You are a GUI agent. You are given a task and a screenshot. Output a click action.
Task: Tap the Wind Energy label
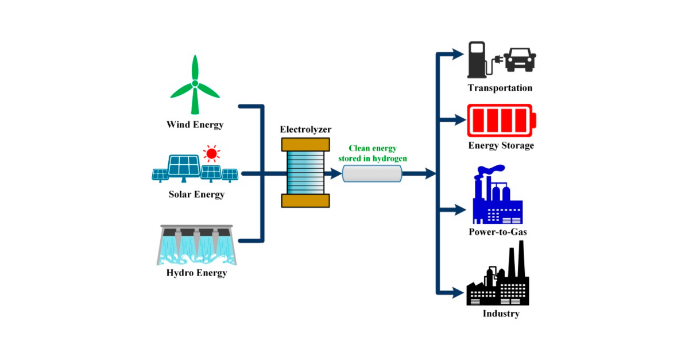pyautogui.click(x=195, y=125)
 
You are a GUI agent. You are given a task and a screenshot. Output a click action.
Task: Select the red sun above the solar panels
pyautogui.click(x=212, y=153)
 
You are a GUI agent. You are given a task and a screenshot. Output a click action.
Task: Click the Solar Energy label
pyautogui.click(x=196, y=194)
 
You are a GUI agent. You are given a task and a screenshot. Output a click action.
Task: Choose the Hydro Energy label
pyautogui.click(x=196, y=273)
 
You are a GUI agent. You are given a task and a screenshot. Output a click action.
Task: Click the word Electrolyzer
pyautogui.click(x=305, y=130)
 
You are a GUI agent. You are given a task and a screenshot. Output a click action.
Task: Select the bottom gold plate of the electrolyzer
pyautogui.click(x=305, y=200)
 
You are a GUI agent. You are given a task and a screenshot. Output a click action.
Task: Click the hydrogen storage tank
pyautogui.click(x=371, y=173)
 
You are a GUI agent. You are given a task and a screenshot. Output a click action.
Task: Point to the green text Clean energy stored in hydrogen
pyautogui.click(x=373, y=153)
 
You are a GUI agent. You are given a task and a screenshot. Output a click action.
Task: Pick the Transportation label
pyautogui.click(x=500, y=88)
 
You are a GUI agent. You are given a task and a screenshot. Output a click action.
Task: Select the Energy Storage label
pyautogui.click(x=501, y=146)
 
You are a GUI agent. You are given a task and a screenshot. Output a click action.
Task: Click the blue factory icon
pyautogui.click(x=497, y=198)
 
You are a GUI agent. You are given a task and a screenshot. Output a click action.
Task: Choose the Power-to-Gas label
pyautogui.click(x=497, y=233)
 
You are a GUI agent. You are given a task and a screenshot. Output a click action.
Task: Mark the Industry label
pyautogui.click(x=501, y=314)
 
